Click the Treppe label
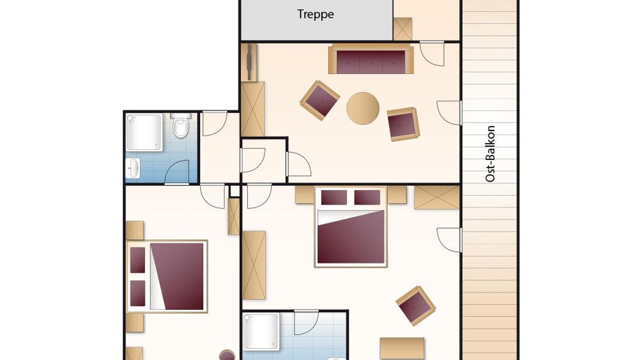315,14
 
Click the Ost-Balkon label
490,153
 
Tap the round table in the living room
363,108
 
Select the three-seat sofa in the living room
371,59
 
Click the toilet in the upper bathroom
180,125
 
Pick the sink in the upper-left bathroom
133,168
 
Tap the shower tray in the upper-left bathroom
144,132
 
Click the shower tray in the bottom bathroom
261,331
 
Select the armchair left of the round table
320,100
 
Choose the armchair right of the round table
403,124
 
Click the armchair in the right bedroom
415,306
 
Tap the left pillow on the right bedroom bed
334,197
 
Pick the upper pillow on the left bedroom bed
137,260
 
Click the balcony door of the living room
449,113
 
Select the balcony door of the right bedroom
449,240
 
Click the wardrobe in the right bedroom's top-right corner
437,197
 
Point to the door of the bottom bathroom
306,322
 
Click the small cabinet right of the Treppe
402,29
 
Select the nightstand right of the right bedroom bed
397,195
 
